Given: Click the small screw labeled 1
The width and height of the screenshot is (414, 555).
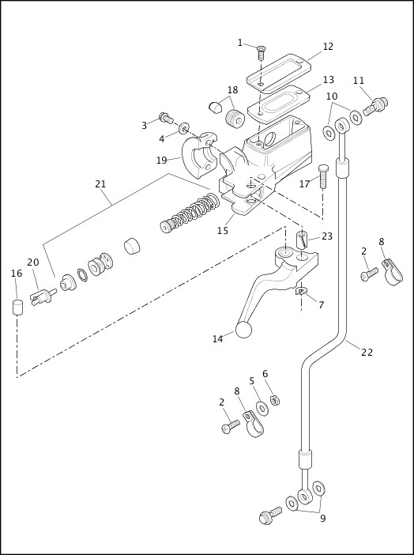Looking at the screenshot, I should click(261, 52).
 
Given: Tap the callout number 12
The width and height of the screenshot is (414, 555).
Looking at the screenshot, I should click(328, 47).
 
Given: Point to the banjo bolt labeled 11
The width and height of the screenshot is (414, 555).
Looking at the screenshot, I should click(374, 105).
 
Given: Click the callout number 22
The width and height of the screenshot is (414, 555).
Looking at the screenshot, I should click(367, 352).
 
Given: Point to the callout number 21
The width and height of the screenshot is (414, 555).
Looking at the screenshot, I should click(100, 184).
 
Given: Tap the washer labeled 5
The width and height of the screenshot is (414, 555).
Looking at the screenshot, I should click(262, 409).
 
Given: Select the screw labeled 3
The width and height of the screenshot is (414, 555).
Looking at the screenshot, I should click(166, 119).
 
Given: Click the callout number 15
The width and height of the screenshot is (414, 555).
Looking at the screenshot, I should click(223, 231).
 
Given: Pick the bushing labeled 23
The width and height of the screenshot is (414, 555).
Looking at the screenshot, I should click(303, 240).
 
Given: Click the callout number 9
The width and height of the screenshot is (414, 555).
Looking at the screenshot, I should click(322, 519).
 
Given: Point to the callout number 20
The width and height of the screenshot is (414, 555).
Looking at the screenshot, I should click(32, 262).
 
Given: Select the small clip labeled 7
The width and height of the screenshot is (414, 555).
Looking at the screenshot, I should click(300, 293).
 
